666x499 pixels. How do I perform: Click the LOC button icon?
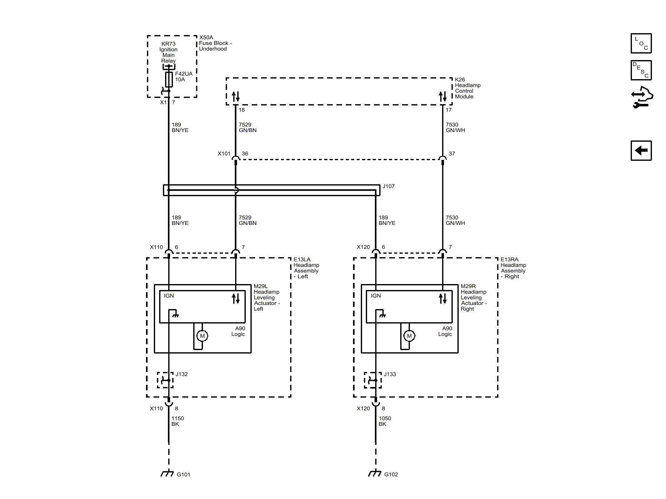(641, 43)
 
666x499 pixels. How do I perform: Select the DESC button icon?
(641, 70)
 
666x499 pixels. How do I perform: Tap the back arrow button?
(641, 150)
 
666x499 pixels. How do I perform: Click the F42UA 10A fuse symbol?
(169, 79)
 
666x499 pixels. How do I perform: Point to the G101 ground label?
(184, 475)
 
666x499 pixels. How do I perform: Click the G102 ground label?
(391, 475)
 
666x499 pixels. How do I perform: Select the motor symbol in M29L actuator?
(202, 336)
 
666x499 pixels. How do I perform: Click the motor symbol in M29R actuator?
(409, 336)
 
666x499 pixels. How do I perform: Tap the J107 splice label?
(389, 186)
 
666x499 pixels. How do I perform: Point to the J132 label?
(182, 374)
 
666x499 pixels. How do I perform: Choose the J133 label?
(390, 374)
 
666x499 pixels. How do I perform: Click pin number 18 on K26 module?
(242, 110)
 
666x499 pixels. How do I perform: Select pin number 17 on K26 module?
(449, 110)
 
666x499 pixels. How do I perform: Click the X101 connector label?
(224, 154)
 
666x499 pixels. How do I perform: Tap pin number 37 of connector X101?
(452, 154)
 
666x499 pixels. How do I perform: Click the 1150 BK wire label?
(178, 421)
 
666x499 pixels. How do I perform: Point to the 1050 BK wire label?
(385, 421)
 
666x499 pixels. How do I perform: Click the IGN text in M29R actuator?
(376, 296)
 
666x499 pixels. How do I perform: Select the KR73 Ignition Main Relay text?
(169, 52)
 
